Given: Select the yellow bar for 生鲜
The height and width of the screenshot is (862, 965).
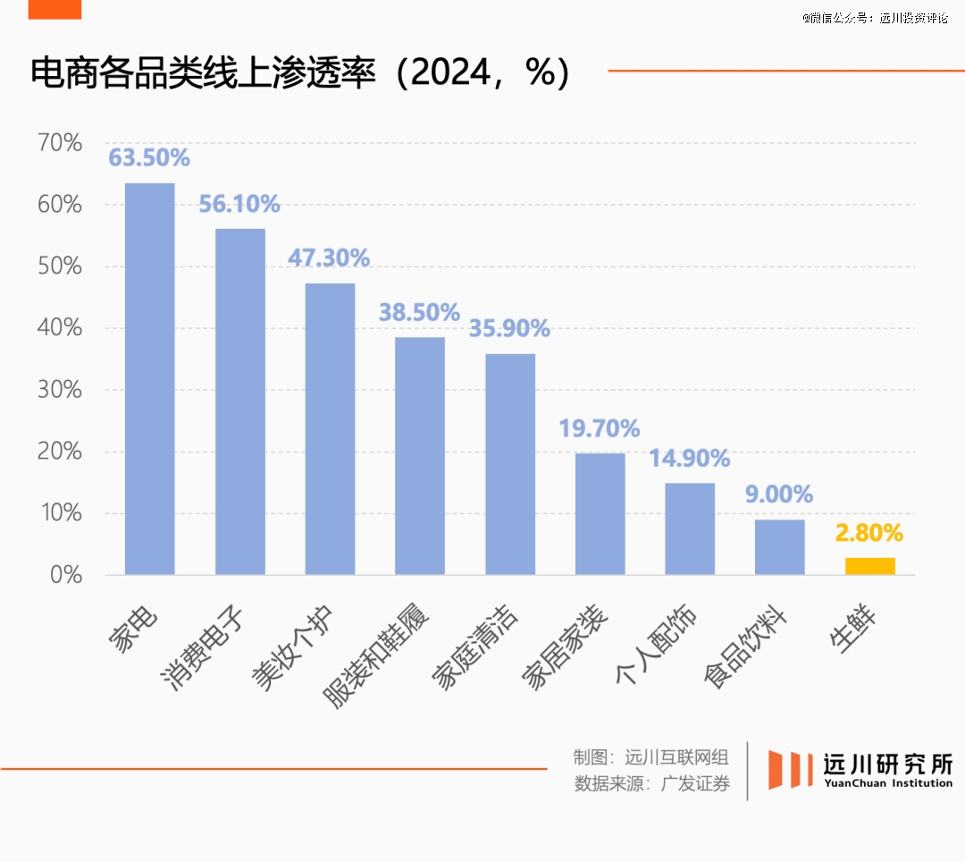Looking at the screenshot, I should click(x=869, y=566).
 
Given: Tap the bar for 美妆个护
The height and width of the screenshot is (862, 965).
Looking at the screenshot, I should click(x=330, y=428).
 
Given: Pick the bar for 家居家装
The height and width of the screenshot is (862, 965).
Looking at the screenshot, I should click(x=600, y=513).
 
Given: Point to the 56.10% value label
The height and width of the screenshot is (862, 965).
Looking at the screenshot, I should click(x=239, y=205).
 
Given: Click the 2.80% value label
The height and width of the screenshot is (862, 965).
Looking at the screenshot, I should click(x=869, y=534).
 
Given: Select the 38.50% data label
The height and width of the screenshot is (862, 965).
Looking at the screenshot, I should click(x=419, y=313).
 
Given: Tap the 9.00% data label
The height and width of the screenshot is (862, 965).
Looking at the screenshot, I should click(x=779, y=494).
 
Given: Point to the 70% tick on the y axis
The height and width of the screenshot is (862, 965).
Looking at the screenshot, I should click(x=60, y=143).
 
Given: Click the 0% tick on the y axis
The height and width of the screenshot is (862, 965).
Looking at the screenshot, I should click(x=66, y=575).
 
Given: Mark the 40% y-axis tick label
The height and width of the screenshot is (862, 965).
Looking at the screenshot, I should click(x=60, y=328).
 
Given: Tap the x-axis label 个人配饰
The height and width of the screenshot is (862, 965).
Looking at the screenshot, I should click(x=656, y=646).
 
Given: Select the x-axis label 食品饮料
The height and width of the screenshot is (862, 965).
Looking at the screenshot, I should click(x=745, y=647).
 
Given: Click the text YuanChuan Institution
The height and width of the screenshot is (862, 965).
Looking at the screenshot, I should click(x=887, y=784).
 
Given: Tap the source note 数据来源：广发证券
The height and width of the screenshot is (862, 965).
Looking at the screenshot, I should click(x=651, y=785).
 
